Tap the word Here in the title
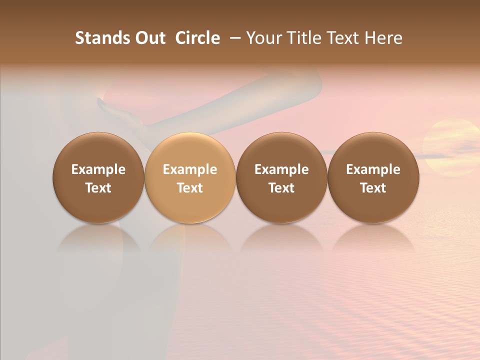coord(383,38)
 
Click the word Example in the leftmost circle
coord(98,169)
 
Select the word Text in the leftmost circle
coord(98,188)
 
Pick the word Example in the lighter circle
coord(190,169)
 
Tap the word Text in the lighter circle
coord(190,188)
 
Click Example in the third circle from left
coord(281,169)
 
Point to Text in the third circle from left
coord(281,188)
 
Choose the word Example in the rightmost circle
coord(373,169)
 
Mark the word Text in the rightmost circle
coord(373,188)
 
